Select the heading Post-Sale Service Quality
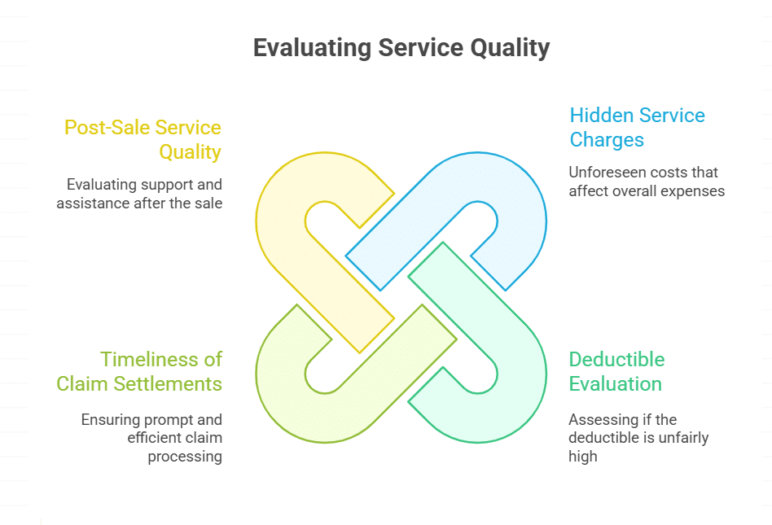143,139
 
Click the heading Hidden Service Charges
637,127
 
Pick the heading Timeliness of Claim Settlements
139,371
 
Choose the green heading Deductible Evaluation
616,371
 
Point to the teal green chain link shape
521,374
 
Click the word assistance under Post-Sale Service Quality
88,203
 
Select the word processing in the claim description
185,456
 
